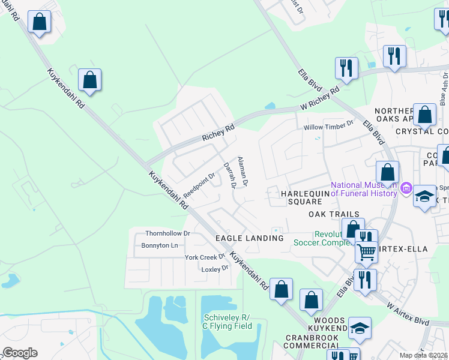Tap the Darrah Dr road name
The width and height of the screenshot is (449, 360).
[229, 175]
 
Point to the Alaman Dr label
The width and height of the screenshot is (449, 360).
[243, 170]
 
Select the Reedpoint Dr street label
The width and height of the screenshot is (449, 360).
[199, 186]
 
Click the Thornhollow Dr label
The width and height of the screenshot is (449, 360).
[167, 233]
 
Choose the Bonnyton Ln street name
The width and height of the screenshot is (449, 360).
[160, 245]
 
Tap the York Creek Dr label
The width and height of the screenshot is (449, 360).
[205, 257]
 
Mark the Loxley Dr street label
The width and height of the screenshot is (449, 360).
[215, 268]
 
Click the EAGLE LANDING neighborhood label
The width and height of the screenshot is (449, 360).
[249, 238]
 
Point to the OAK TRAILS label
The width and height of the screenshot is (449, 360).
[334, 214]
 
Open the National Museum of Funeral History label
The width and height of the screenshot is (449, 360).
[364, 188]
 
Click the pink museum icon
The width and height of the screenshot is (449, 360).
[406, 190]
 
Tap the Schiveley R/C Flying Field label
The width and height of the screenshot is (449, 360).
[226, 322]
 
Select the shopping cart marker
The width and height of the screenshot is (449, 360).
[366, 251]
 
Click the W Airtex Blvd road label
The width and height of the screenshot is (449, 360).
[408, 313]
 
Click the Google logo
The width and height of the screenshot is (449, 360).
[20, 353]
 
